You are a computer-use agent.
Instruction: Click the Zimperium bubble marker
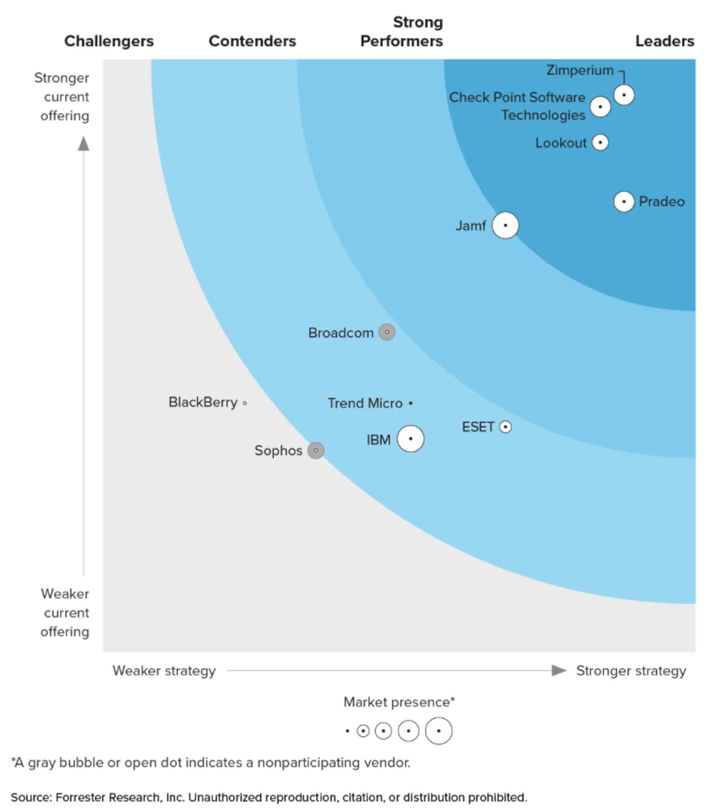coord(624,95)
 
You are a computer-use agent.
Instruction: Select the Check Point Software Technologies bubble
coord(600,107)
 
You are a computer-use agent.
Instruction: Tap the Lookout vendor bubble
coord(600,142)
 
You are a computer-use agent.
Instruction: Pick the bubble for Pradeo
coord(624,202)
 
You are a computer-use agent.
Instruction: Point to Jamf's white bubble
coord(505,225)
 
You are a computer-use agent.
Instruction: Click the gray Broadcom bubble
coord(386,332)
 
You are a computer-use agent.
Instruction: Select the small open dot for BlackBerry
coord(245,403)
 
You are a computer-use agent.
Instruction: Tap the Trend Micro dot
coord(411,403)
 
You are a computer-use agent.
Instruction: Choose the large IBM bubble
coord(410,439)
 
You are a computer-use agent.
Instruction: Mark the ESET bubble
coord(505,427)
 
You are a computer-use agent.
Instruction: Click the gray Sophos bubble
coord(316,450)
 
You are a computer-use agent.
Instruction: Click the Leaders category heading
coord(665,41)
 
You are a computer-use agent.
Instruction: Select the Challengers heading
coord(109,41)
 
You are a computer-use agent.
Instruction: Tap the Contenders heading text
coord(252,41)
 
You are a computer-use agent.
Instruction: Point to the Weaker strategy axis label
coord(164,670)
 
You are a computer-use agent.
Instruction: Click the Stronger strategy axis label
coord(631,670)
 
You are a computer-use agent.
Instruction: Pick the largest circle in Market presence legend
coord(438,731)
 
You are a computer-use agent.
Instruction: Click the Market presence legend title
coord(399,702)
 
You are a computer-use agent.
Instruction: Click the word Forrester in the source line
coord(81,797)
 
